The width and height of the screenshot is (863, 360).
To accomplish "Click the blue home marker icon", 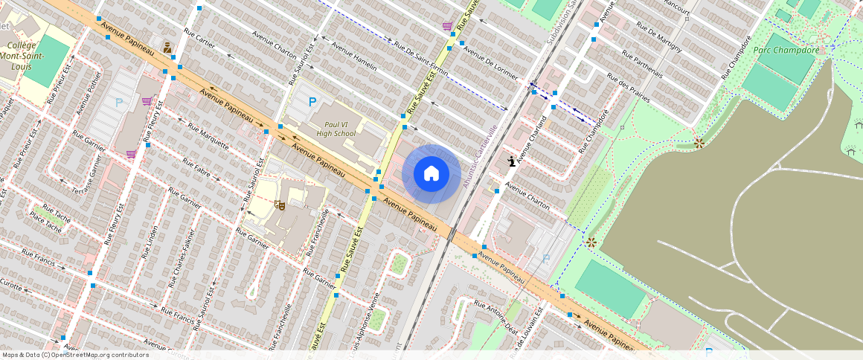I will click(431, 174).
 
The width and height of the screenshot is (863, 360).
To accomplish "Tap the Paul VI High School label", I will click(336, 129).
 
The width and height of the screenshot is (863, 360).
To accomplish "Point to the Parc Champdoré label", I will click(786, 51).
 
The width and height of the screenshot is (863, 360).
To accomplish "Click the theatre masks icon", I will click(280, 205).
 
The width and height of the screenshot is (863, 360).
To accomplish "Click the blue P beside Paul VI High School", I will click(312, 102).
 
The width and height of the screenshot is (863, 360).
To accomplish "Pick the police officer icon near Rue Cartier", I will click(168, 48).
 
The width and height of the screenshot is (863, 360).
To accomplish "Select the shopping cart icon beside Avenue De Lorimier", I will click(447, 27).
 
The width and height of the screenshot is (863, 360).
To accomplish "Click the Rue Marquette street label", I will click(208, 135).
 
